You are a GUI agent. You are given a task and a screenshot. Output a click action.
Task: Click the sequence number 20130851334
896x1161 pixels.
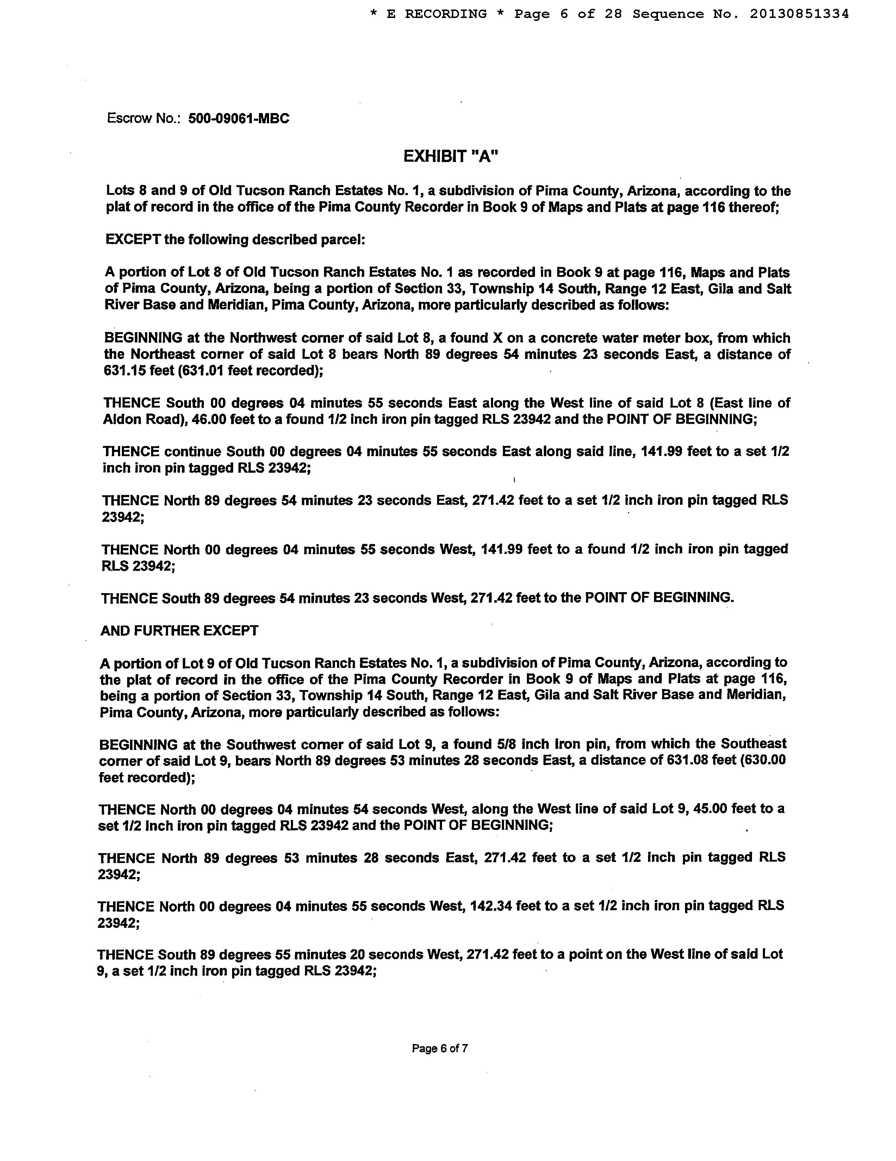tap(799, 14)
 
